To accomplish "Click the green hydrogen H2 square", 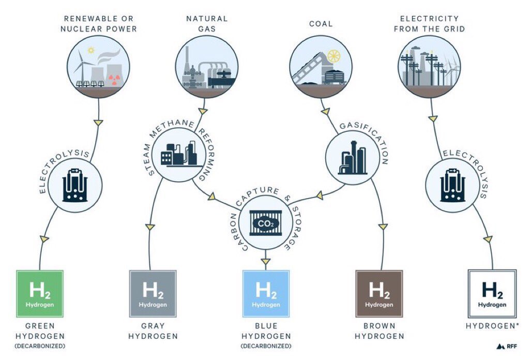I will coord(40,293).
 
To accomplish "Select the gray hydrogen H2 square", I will coord(153,293).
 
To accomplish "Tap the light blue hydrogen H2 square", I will coord(266,293).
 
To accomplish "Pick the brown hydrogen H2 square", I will coord(379,293).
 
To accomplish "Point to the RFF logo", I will coord(506,346).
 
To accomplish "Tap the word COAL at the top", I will coord(321,24).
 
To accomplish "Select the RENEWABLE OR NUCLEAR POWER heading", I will coord(99,24).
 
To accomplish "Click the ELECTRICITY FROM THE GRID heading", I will coord(429,24).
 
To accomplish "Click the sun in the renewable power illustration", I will coord(92,51).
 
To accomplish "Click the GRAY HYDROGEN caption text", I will coord(153,331).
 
